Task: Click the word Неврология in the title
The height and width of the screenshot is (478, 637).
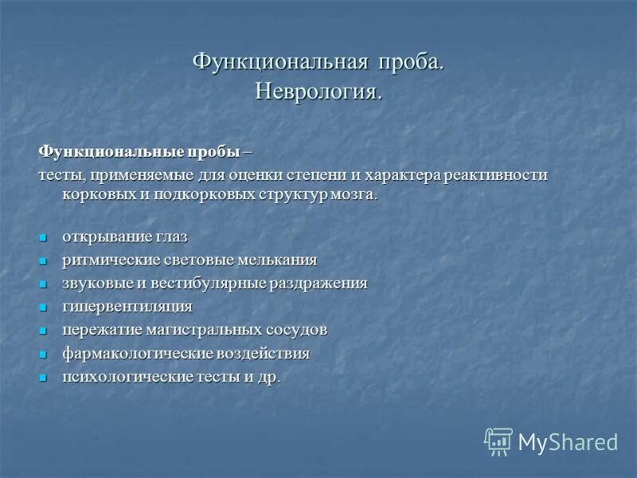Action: pos(316,92)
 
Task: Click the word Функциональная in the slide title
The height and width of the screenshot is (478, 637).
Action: pos(279,63)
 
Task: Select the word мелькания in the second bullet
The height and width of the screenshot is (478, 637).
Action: pos(276,261)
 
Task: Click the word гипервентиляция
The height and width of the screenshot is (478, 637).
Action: pos(127,307)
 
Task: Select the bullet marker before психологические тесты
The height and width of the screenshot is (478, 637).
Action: pos(44,377)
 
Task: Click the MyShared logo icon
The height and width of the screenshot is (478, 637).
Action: pos(498,441)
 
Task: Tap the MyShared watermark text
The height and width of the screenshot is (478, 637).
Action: pos(568,442)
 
